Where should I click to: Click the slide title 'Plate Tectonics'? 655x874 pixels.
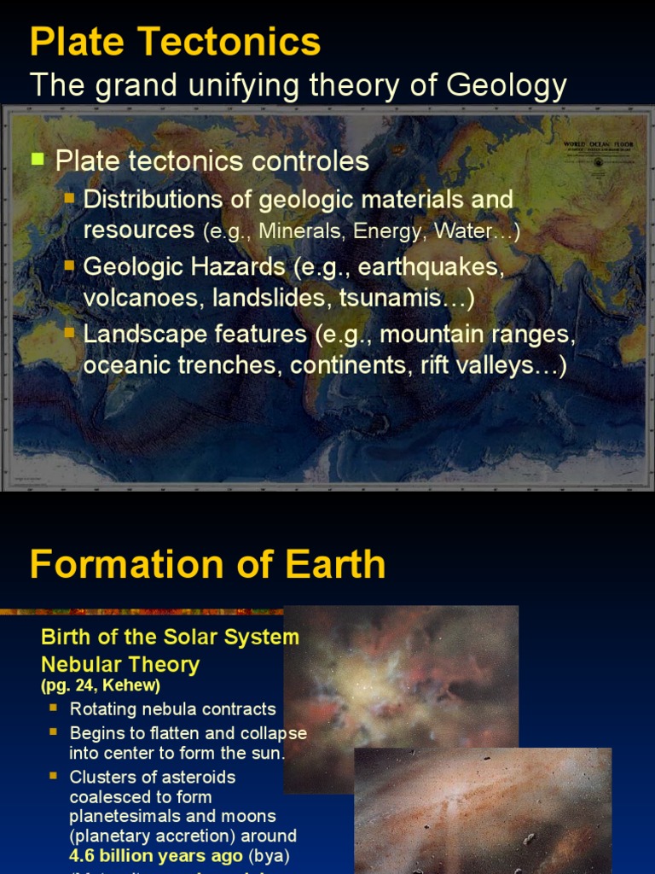(x=175, y=42)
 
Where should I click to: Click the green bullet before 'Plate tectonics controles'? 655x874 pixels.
(x=37, y=159)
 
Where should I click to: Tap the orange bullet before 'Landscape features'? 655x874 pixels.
(x=70, y=332)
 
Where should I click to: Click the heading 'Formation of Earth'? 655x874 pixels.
(x=207, y=565)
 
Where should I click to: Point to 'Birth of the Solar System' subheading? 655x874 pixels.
(x=171, y=637)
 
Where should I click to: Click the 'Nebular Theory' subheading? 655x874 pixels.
(x=120, y=664)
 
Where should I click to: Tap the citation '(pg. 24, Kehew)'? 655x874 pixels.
(x=101, y=685)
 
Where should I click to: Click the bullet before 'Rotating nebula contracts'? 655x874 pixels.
(x=53, y=708)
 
